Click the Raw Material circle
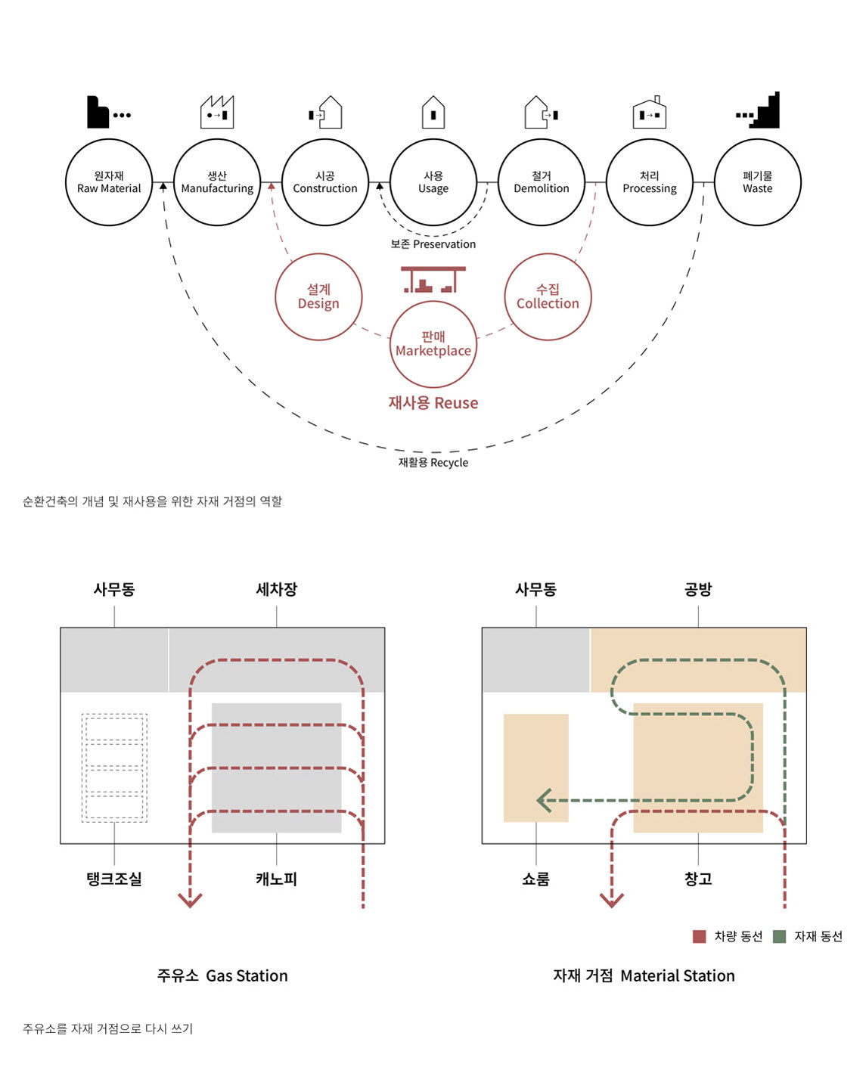(x=109, y=182)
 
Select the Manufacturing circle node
(x=217, y=182)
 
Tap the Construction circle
(x=325, y=182)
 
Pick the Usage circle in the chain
(x=433, y=182)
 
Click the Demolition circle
(x=542, y=182)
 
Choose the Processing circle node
(x=650, y=182)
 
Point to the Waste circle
(x=757, y=182)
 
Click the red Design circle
(x=318, y=296)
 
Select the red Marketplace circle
(x=433, y=344)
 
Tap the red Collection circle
(x=548, y=296)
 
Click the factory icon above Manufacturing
(x=217, y=112)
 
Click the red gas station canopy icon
(x=433, y=279)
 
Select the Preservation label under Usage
(x=433, y=244)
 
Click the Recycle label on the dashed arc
(x=433, y=463)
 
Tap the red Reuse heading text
(x=433, y=403)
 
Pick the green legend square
(x=779, y=936)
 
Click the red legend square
(x=700, y=936)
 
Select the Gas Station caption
(x=222, y=975)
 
